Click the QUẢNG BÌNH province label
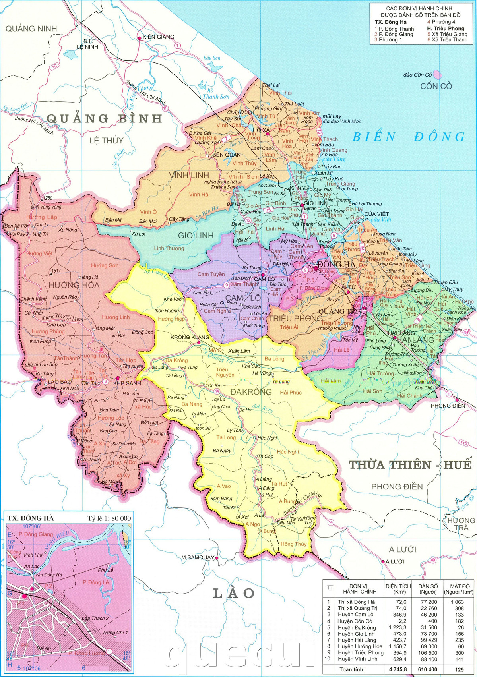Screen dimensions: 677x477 click(x=105, y=118)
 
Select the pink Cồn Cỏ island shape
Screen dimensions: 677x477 click(x=437, y=74)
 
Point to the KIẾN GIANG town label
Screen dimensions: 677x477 click(x=158, y=37)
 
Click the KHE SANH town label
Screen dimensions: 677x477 click(x=127, y=383)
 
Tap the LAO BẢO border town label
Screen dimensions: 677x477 click(x=60, y=382)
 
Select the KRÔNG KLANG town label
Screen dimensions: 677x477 click(x=190, y=337)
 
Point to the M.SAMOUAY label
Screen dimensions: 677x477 click(x=198, y=557)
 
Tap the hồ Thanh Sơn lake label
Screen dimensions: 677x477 click(x=215, y=94)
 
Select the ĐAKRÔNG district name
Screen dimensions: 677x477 click(x=251, y=392)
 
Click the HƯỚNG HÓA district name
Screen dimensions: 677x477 click(x=74, y=285)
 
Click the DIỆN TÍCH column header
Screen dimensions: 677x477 click(x=398, y=589)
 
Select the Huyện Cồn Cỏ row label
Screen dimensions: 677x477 click(x=355, y=621)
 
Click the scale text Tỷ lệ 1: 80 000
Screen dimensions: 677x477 click(x=109, y=518)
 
